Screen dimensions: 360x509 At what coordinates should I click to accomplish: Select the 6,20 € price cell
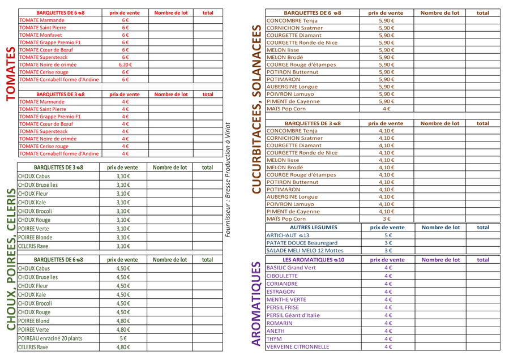[x=125, y=65]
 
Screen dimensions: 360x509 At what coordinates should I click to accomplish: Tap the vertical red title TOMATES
[x=10, y=74]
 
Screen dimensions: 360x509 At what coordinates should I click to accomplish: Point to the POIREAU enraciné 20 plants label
[x=50, y=338]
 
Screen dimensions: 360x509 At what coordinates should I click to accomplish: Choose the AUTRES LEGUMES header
[x=313, y=228]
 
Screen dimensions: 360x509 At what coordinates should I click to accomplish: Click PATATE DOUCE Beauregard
[x=301, y=243]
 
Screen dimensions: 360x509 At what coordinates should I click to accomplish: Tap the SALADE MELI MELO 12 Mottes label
[x=305, y=250]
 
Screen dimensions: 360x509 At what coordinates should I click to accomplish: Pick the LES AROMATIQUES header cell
[x=313, y=260]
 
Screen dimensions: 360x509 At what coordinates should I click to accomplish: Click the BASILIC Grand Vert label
[x=290, y=268]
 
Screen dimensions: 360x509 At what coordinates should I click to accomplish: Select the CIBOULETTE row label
[x=281, y=276]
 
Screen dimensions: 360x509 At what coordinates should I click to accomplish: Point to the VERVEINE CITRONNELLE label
[x=297, y=346]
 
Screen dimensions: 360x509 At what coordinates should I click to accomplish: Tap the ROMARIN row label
[x=279, y=323]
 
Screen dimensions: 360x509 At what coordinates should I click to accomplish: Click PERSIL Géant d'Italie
[x=293, y=315]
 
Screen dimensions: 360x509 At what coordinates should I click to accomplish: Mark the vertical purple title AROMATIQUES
[x=255, y=303]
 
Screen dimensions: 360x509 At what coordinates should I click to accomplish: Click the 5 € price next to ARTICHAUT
[x=388, y=235]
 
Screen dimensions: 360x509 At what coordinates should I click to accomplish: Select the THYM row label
[x=273, y=338]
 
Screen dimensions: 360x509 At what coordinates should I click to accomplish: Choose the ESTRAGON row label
[x=280, y=292]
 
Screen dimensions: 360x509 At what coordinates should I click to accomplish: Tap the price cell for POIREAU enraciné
[x=123, y=338]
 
